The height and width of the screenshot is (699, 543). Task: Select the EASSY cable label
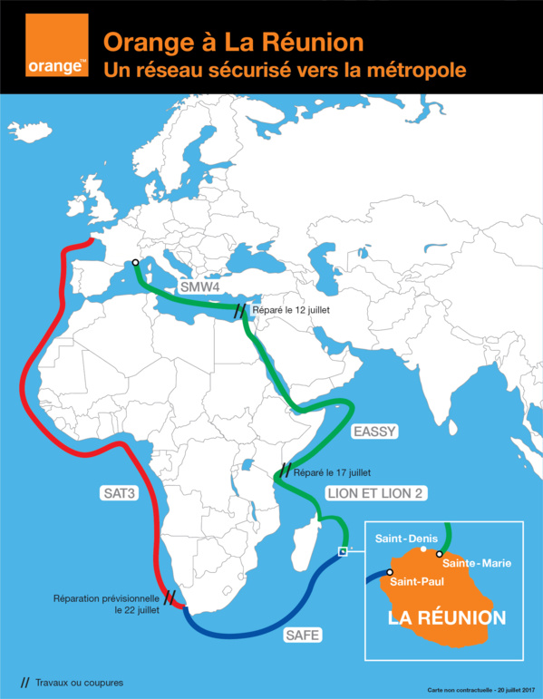click(x=375, y=432)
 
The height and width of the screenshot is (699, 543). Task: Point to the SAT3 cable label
click(x=118, y=494)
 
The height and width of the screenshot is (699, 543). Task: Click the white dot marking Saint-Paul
click(x=390, y=572)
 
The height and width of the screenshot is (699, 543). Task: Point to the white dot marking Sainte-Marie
click(x=440, y=554)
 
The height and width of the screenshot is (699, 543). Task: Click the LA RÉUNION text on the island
click(x=446, y=618)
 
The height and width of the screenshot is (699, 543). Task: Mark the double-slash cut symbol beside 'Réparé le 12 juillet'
click(x=239, y=312)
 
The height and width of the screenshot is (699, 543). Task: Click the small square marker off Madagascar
click(x=342, y=550)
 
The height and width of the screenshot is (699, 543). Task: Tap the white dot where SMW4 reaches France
click(x=135, y=262)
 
